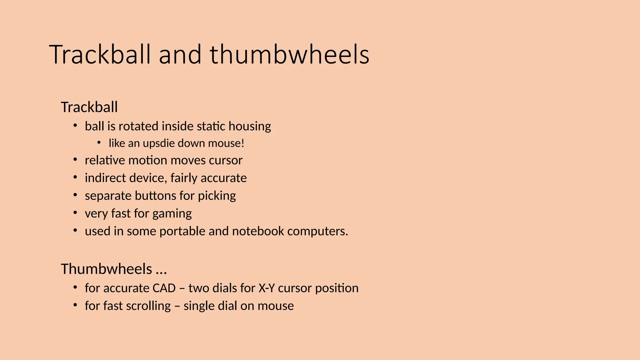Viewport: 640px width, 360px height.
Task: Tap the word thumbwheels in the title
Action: point(289,55)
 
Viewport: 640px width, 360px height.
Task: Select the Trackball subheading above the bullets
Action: point(89,107)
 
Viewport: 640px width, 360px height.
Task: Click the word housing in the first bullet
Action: point(250,127)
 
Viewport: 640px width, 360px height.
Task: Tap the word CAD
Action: point(164,288)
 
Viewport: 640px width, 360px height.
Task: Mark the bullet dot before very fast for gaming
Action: point(75,213)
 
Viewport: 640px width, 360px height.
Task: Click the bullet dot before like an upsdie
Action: point(99,143)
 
